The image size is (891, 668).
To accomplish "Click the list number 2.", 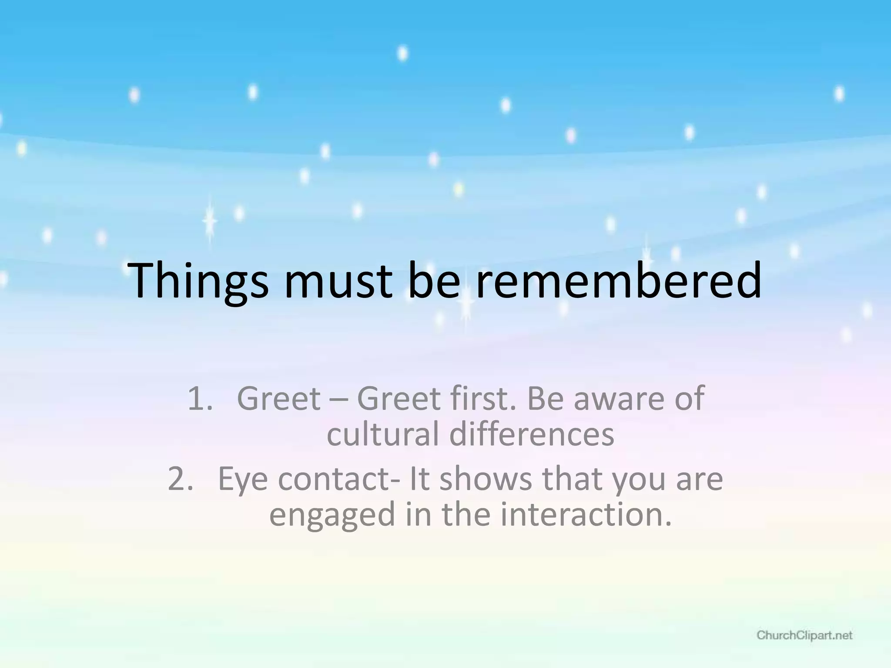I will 180,479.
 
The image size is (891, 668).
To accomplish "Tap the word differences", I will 531,434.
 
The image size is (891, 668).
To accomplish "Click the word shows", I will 485,479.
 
